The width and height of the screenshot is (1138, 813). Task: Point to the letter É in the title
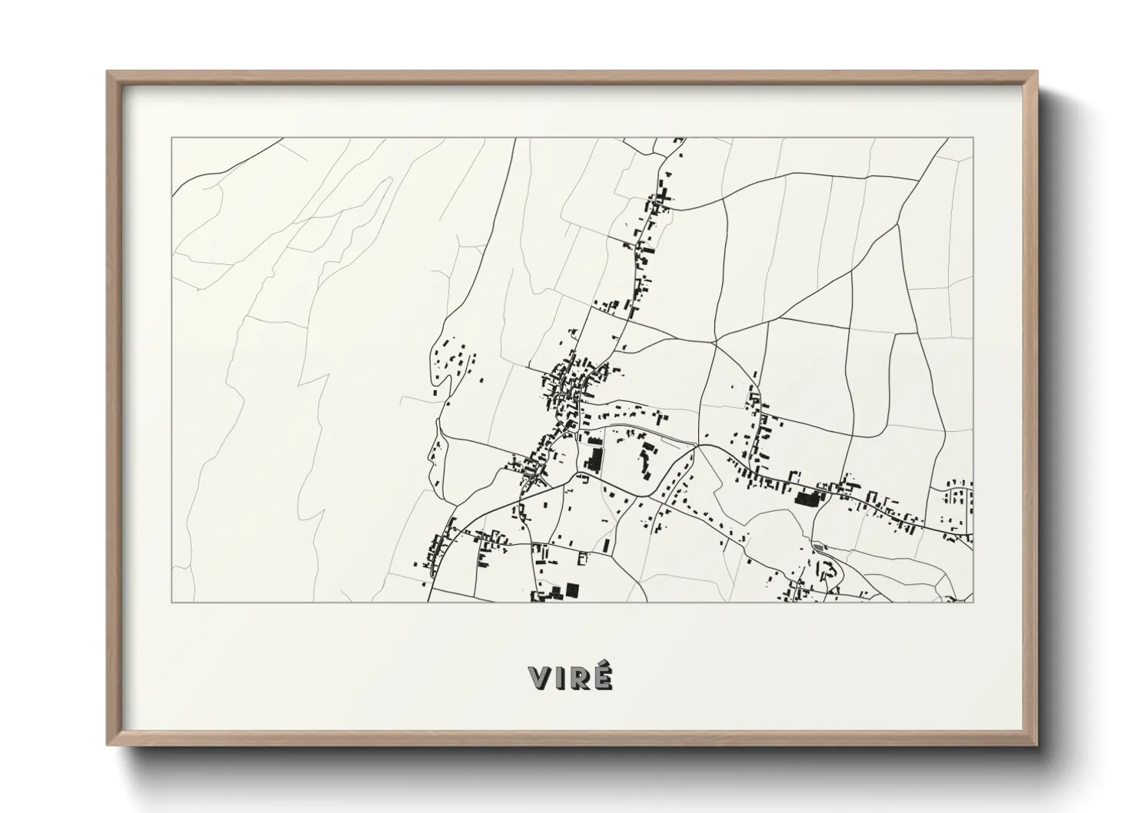coord(604,679)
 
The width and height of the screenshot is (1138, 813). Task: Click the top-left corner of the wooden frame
coord(108,71)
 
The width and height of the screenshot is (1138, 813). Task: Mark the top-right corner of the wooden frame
coord(1037,71)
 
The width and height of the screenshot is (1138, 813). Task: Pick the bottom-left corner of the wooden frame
coord(108,745)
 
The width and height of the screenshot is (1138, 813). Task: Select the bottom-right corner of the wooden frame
coord(1037,745)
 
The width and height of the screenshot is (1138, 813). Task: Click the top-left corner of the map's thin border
coord(171,138)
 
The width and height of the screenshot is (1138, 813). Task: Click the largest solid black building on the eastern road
coord(807,498)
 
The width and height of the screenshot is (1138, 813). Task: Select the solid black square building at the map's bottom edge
coord(571,589)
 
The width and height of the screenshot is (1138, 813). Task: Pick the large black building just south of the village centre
coord(593,459)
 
